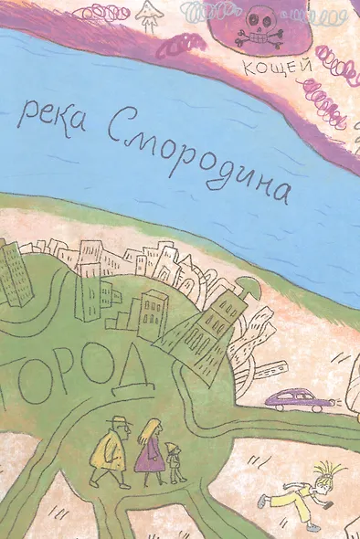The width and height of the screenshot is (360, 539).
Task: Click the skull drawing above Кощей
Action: pyautogui.click(x=255, y=27)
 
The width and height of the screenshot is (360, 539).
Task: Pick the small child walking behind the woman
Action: pyautogui.click(x=175, y=462)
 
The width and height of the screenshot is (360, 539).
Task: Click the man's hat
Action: pyautogui.click(x=117, y=420)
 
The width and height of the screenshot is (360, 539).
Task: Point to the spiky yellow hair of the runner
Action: pyautogui.click(x=324, y=470)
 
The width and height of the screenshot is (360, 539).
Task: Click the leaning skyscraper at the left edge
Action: pyautogui.click(x=13, y=272)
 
